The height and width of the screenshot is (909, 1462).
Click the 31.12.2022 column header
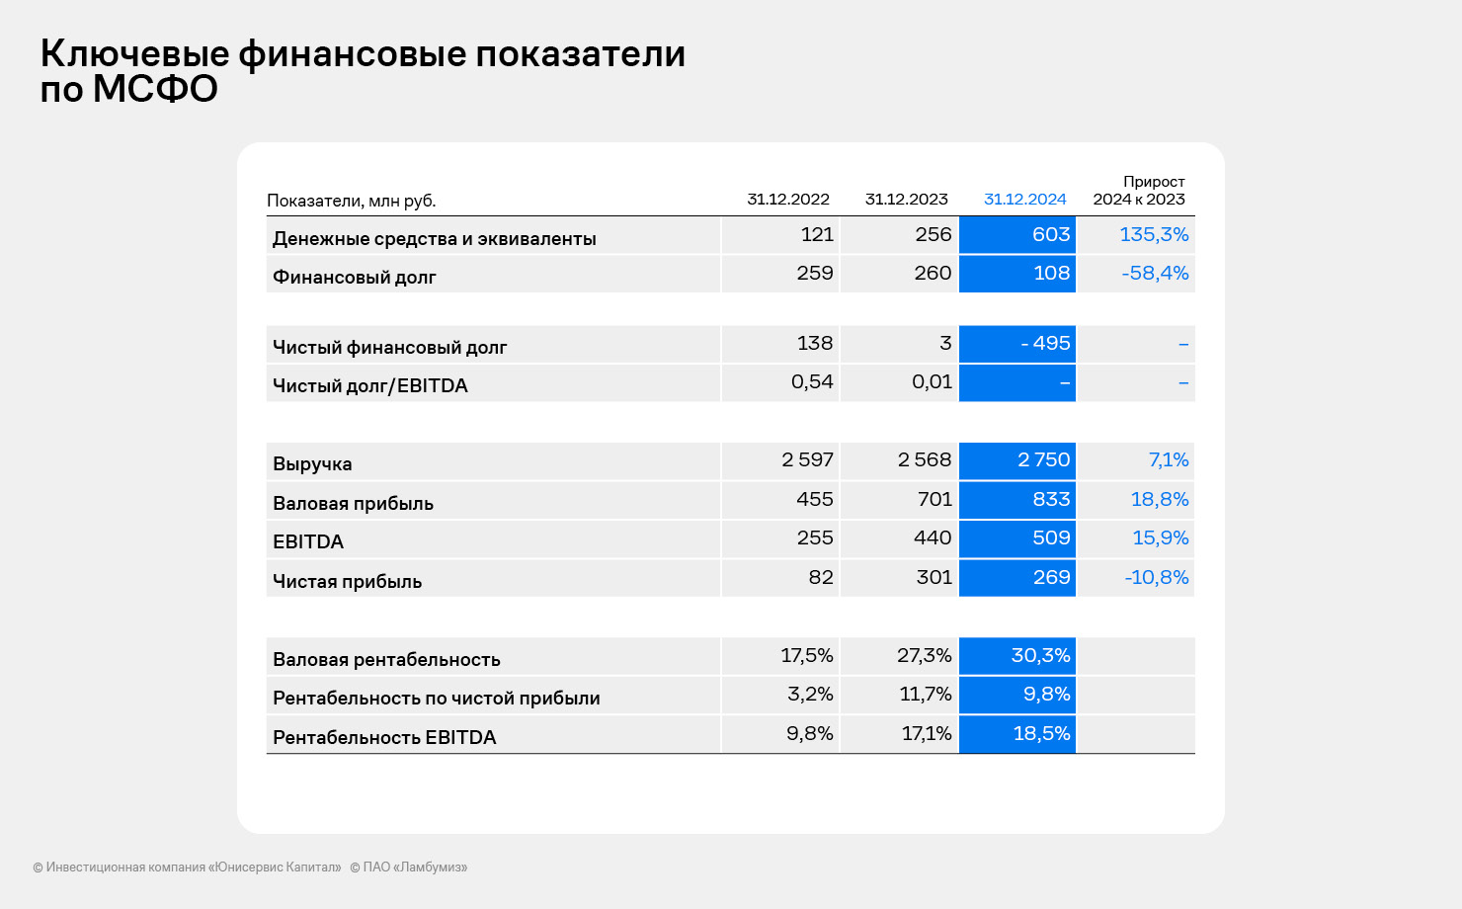click(x=787, y=200)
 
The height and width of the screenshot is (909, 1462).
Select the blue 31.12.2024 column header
click(x=1024, y=200)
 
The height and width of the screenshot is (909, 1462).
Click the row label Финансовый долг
click(x=354, y=277)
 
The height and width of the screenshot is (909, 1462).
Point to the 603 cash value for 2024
click(x=1050, y=235)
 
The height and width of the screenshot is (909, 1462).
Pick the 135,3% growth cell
click(x=1153, y=235)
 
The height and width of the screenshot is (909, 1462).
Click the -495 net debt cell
click(x=1044, y=344)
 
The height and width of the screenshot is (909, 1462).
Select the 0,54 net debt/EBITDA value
click(x=812, y=382)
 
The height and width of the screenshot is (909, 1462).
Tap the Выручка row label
click(x=312, y=463)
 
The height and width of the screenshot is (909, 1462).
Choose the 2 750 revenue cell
click(x=1043, y=460)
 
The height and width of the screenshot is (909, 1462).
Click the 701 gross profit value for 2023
click(x=934, y=500)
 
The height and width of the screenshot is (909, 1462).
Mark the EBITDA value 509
click(x=1050, y=538)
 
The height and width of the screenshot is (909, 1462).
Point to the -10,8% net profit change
click(x=1156, y=578)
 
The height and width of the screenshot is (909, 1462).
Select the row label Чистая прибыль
click(x=347, y=581)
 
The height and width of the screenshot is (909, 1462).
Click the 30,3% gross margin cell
click(x=1040, y=656)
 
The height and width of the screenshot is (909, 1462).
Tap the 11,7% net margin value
click(x=926, y=695)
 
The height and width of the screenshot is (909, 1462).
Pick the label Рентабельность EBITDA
click(x=384, y=737)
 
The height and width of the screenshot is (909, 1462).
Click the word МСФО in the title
click(x=155, y=90)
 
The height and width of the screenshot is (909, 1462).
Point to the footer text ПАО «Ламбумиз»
click(x=414, y=868)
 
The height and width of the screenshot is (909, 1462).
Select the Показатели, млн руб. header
click(x=351, y=201)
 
